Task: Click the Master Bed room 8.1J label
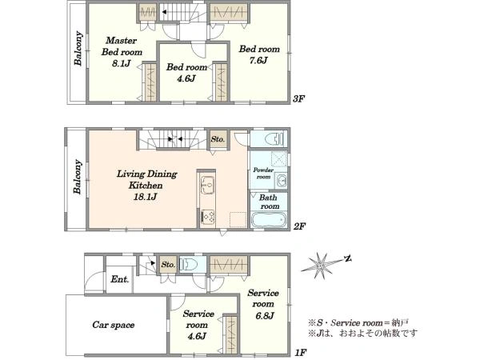point(122,52)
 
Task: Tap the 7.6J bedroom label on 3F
point(259,54)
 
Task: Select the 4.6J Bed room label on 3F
point(186,73)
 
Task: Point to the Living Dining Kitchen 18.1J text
point(146,186)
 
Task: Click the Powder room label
point(263,174)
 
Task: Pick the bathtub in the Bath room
point(269,220)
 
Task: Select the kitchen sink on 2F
point(207,185)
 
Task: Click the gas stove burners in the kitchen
point(208,218)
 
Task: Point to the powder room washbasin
point(281,180)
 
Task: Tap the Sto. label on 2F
point(218,139)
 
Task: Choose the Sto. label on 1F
point(168,265)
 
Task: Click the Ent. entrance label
point(120,279)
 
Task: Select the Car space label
point(114,325)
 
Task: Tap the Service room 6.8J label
point(263,304)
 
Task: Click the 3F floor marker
point(299,98)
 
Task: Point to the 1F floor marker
point(301,353)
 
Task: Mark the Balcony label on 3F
point(78,48)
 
